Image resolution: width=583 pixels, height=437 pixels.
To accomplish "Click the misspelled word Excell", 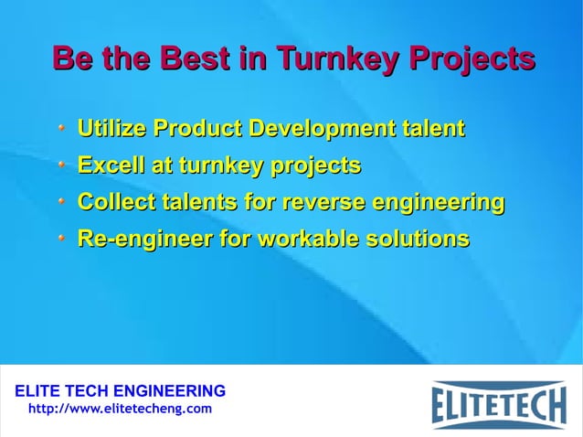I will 106,165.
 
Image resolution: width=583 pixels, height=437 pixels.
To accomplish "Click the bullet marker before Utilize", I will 61,128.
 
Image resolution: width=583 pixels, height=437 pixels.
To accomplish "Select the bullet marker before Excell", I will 61,165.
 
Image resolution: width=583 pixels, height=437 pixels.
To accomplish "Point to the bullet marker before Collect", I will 61,202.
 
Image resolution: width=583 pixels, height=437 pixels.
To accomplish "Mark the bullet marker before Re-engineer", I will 61,240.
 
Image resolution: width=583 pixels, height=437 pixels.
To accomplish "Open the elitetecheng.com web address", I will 120,409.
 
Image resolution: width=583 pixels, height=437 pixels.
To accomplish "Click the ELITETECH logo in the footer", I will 499,403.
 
